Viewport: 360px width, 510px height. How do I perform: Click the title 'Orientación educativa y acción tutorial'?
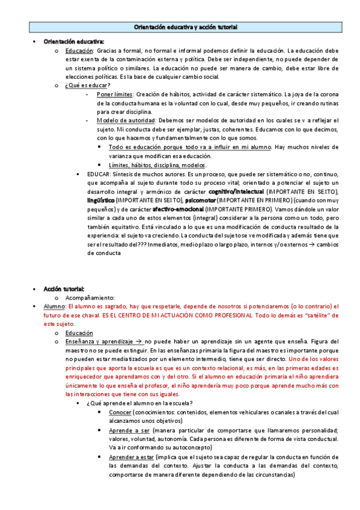[185, 28]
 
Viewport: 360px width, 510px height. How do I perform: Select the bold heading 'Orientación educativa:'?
[73, 41]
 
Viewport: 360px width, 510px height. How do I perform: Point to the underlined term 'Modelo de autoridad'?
[124, 120]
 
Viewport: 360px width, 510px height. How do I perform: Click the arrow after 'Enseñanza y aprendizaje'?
[138, 342]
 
